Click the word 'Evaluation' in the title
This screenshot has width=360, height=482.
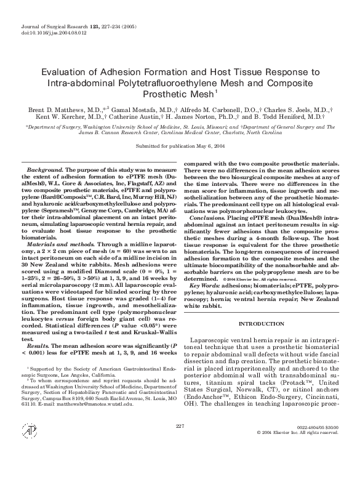[x=73, y=73]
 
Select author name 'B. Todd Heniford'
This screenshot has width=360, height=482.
[x=293, y=116]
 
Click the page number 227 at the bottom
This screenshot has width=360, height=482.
[x=180, y=460]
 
